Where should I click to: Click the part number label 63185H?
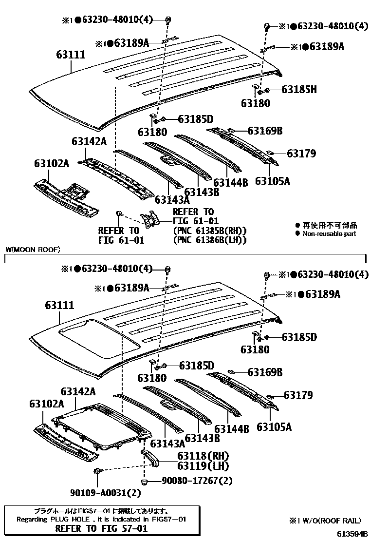click(x=299, y=89)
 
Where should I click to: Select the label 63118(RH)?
click(x=196, y=456)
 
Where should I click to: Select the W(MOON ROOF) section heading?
click(x=33, y=250)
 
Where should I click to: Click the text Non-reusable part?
click(x=329, y=233)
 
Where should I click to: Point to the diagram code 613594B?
click(x=353, y=534)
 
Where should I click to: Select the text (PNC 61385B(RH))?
click(x=210, y=231)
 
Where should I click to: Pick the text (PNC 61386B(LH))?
click(x=210, y=240)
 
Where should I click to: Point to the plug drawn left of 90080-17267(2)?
click(x=145, y=482)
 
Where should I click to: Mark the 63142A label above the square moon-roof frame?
click(x=78, y=391)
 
